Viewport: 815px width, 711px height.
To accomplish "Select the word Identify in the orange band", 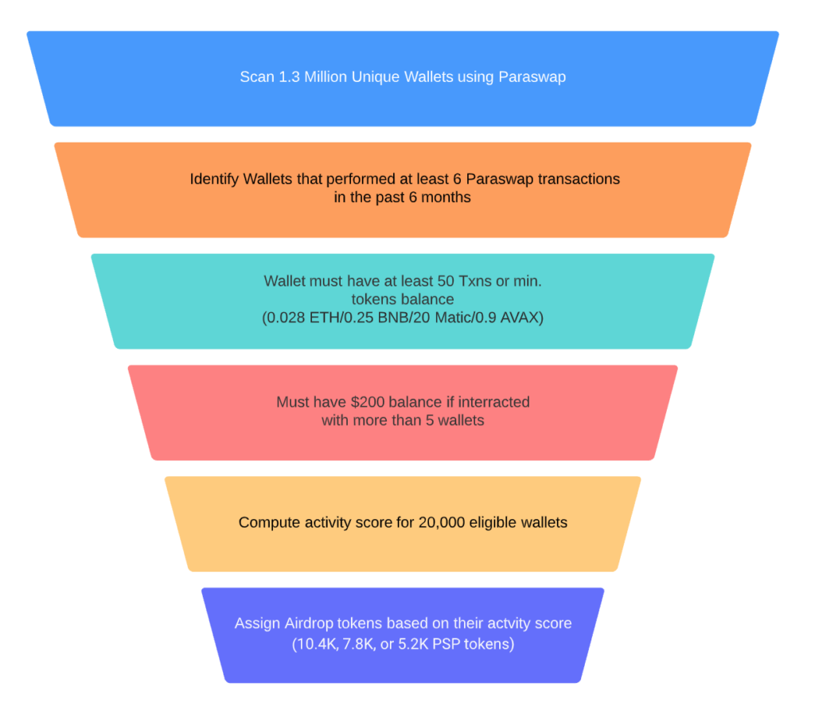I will tap(215, 178).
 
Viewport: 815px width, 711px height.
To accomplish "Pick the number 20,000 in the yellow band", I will tap(443, 523).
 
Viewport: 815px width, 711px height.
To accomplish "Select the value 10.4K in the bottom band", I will tap(314, 643).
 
